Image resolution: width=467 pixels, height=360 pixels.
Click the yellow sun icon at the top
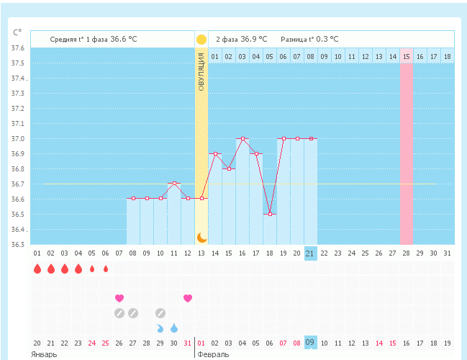point(201,40)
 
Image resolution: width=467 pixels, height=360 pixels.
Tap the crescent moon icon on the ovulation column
point(201,237)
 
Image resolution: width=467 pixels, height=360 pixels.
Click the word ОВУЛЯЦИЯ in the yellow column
point(201,71)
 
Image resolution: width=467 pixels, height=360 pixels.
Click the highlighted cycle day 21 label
point(310,253)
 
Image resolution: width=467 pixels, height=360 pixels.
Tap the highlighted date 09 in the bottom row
point(310,342)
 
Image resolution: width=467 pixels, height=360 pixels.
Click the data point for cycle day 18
point(270,214)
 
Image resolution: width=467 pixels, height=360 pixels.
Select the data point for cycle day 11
point(174,184)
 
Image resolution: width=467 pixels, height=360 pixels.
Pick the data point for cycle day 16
point(242,138)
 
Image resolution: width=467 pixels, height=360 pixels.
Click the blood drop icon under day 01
point(37,269)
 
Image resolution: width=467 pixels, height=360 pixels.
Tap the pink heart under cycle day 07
point(119,298)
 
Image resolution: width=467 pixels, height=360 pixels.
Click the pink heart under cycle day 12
point(188,298)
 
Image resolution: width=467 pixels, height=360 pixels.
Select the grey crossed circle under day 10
point(160,313)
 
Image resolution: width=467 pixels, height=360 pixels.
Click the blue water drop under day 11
point(174,328)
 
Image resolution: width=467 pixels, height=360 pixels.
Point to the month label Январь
point(44,355)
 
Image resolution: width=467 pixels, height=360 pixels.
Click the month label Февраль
point(214,355)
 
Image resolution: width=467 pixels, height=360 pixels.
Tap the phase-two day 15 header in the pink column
point(407,56)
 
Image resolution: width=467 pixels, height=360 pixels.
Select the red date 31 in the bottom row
point(188,343)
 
